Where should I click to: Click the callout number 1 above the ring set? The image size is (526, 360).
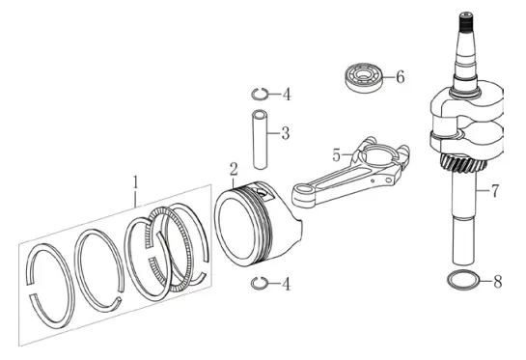pyautogui.click(x=135, y=182)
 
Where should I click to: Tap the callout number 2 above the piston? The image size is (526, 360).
pyautogui.click(x=234, y=169)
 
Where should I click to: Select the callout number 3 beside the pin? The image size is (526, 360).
pyautogui.click(x=285, y=133)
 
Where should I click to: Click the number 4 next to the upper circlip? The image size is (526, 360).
pyautogui.click(x=286, y=95)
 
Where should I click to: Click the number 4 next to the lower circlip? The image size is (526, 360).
pyautogui.click(x=286, y=284)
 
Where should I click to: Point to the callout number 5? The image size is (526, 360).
pyautogui.click(x=337, y=155)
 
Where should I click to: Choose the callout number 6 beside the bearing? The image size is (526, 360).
pyautogui.click(x=401, y=77)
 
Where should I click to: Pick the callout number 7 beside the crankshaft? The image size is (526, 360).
pyautogui.click(x=495, y=190)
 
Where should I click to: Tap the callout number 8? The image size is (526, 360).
pyautogui.click(x=498, y=281)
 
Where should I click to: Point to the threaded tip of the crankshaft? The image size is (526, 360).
pyautogui.click(x=466, y=19)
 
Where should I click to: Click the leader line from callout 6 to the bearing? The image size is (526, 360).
pyautogui.click(x=388, y=77)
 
